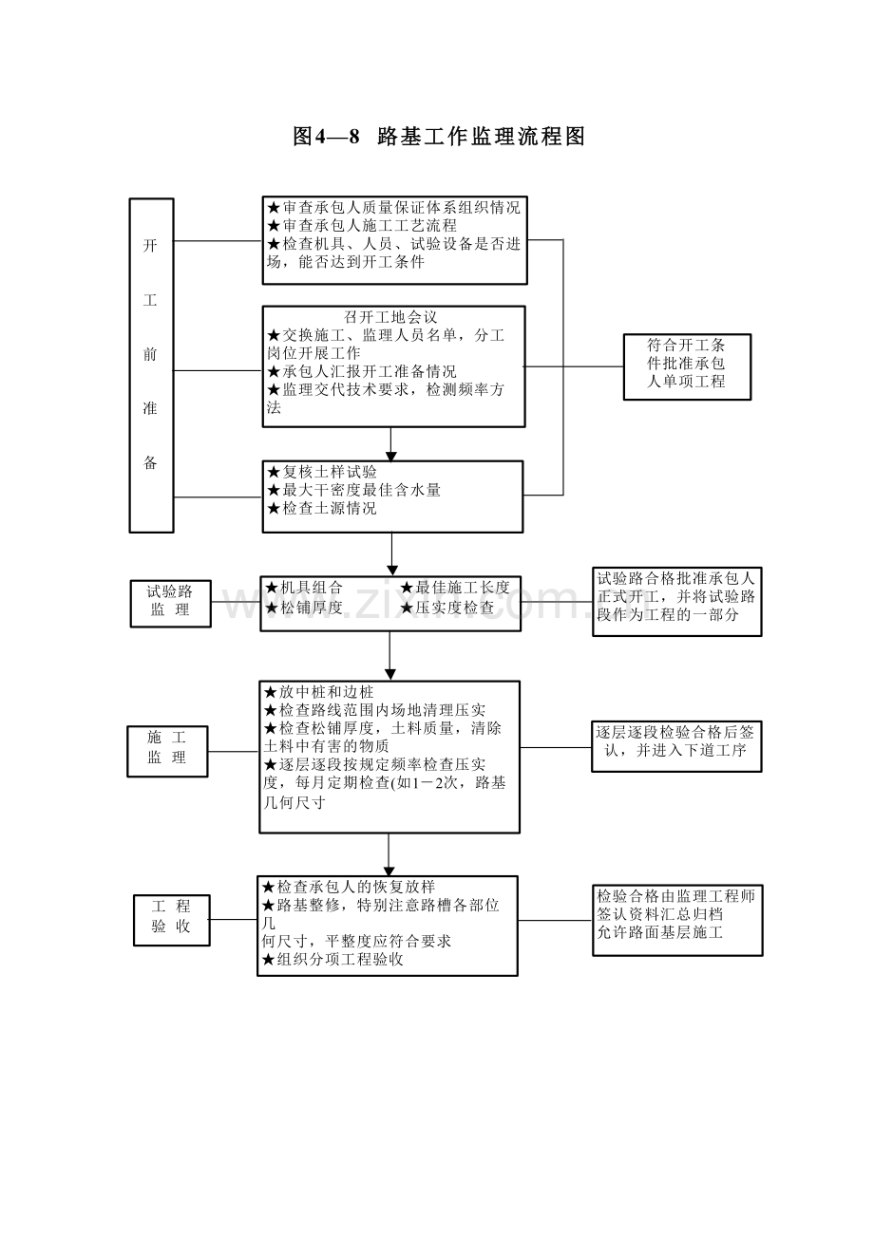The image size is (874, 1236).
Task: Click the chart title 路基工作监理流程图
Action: tap(439, 137)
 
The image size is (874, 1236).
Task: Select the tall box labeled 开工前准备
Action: tap(152, 365)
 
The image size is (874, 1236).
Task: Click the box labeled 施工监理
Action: tap(167, 749)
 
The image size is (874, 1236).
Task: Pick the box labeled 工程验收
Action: tap(171, 918)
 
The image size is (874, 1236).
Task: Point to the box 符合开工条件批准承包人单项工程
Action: tap(687, 365)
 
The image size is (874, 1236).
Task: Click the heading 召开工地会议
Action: tap(390, 317)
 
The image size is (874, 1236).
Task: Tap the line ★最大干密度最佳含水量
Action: tap(353, 490)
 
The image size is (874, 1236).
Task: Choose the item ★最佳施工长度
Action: tap(455, 588)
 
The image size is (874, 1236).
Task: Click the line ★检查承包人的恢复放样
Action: tap(348, 887)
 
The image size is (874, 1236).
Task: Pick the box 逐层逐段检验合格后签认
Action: tap(676, 745)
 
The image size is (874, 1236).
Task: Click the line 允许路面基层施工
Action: tap(660, 932)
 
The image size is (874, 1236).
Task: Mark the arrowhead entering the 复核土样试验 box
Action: tap(390, 457)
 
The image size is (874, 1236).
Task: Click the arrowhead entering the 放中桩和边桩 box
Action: tap(389, 675)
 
